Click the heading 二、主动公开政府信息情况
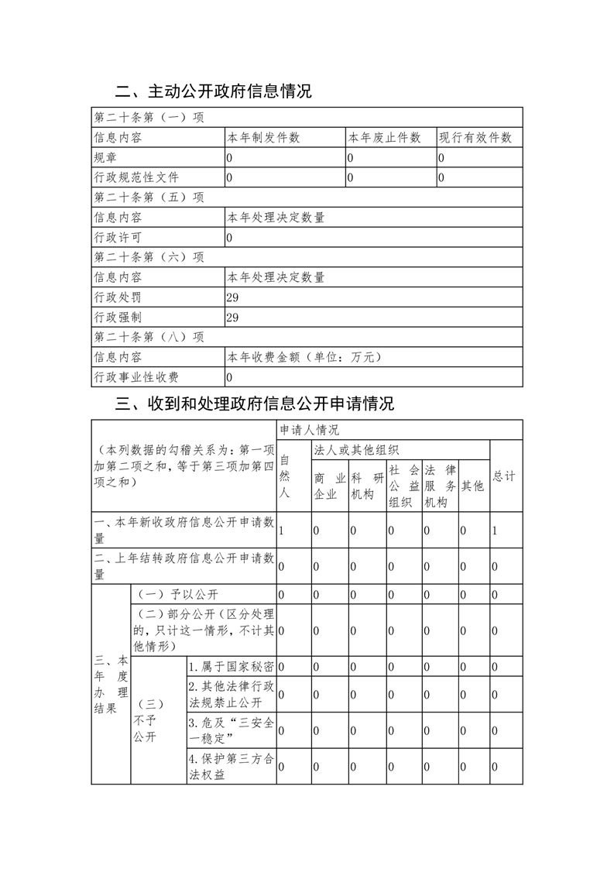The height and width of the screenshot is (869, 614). click(x=214, y=91)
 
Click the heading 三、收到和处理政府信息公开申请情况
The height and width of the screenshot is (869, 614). click(x=255, y=404)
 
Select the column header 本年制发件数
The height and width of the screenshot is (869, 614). click(x=263, y=138)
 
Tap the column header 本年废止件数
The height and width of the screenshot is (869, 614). click(x=384, y=138)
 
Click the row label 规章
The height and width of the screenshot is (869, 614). click(x=105, y=158)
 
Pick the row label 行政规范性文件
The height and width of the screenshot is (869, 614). click(x=136, y=178)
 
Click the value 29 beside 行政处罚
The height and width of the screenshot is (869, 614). click(x=232, y=297)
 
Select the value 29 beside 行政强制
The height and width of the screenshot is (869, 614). click(x=232, y=318)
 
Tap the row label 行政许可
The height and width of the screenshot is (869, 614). click(x=118, y=238)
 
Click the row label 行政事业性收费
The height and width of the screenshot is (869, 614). click(x=136, y=377)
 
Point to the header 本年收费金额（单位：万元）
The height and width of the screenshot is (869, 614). click(x=304, y=357)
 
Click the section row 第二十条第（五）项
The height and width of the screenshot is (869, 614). click(x=149, y=197)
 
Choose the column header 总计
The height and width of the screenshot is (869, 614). click(x=504, y=476)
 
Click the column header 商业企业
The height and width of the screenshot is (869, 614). click(x=329, y=486)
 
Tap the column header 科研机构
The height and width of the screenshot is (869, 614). click(x=367, y=486)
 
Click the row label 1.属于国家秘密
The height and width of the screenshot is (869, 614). click(x=231, y=666)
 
